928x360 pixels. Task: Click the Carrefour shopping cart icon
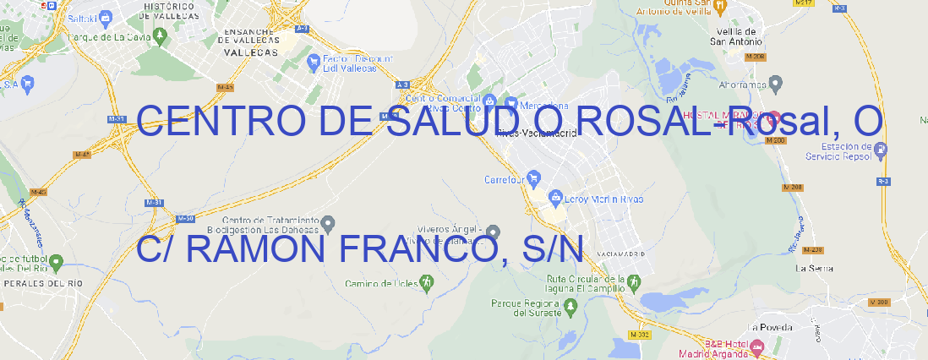(x=535, y=178)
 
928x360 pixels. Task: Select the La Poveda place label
(x=770, y=327)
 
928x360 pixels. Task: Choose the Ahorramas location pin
(x=777, y=83)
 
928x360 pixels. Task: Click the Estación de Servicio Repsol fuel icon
(x=882, y=150)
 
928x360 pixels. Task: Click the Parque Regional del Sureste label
(x=526, y=307)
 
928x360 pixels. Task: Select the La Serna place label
(x=814, y=268)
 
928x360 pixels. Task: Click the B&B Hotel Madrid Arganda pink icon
(x=758, y=346)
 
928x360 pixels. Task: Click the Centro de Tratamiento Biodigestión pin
(x=329, y=223)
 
